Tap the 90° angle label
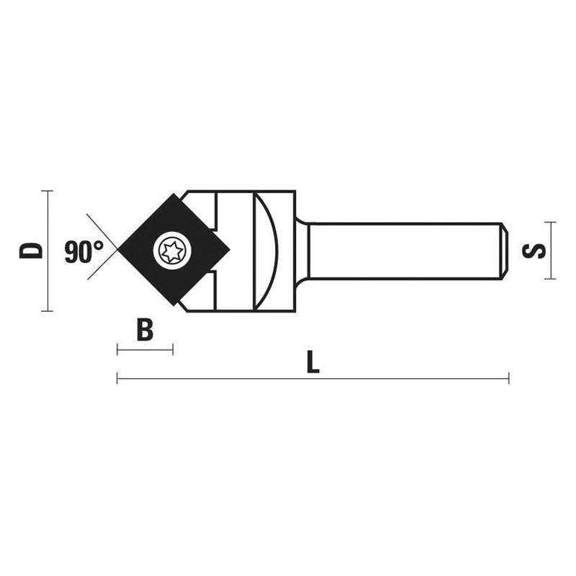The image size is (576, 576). click(x=84, y=252)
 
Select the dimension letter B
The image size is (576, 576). click(x=145, y=330)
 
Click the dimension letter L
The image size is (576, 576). click(x=312, y=362)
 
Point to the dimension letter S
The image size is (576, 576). click(x=534, y=251)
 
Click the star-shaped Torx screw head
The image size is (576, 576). click(x=174, y=251)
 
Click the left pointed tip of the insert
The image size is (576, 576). click(x=120, y=249)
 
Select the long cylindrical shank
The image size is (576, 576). click(x=403, y=251)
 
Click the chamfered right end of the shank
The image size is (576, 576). click(x=505, y=251)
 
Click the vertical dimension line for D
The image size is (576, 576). click(x=48, y=274)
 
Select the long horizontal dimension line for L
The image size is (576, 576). click(x=312, y=379)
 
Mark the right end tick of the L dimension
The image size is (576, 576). click(x=508, y=379)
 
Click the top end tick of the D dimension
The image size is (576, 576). click(x=48, y=191)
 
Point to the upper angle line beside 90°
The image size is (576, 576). click(x=101, y=229)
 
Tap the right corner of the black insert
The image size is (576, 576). click(x=228, y=250)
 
